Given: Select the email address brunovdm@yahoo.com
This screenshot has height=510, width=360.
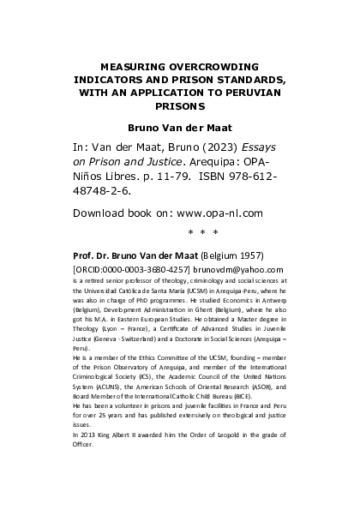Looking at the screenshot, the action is click(241, 268).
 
